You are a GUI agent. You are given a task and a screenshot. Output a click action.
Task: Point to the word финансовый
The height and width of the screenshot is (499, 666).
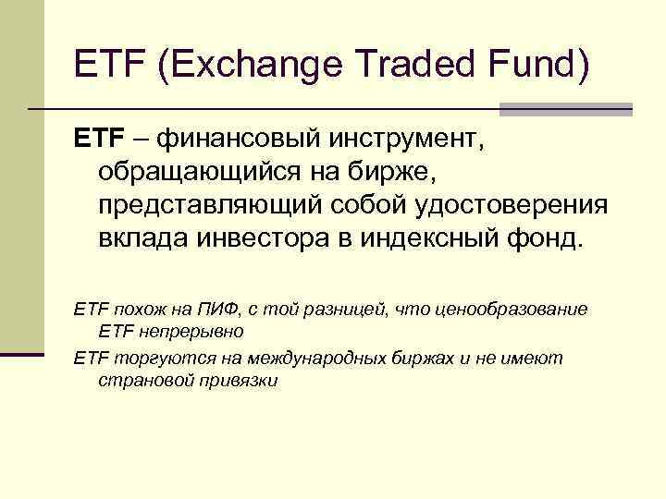click(x=236, y=141)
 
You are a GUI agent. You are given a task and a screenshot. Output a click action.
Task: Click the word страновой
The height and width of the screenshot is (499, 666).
click(x=142, y=380)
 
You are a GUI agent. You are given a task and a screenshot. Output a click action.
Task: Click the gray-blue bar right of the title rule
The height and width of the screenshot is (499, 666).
click(x=565, y=110)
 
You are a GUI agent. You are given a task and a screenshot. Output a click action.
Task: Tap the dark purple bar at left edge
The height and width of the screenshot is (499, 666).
click(x=22, y=353)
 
